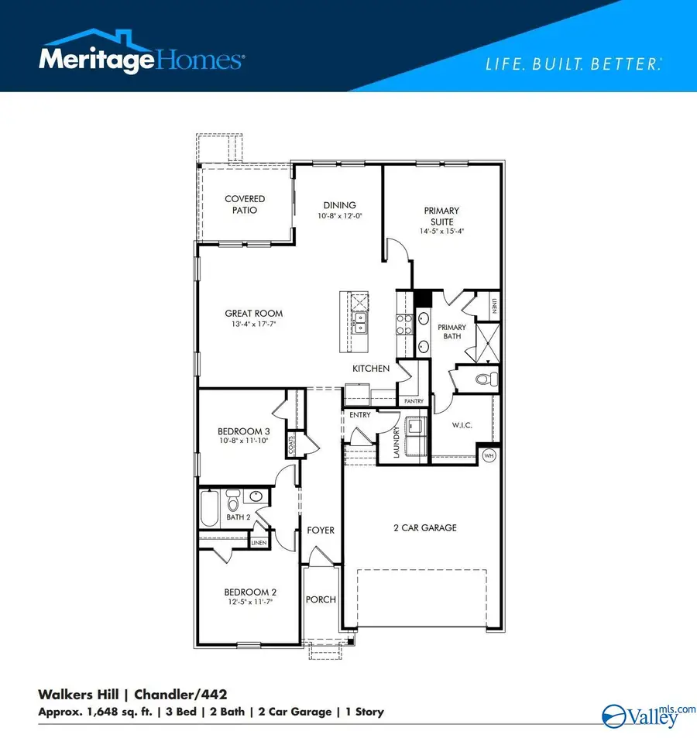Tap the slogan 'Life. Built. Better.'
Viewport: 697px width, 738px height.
573,65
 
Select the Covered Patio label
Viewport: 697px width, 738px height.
245,204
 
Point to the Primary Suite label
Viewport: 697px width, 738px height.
441,215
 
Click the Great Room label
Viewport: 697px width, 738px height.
253,314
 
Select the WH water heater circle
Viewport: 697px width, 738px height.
489,456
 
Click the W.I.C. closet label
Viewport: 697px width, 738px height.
462,426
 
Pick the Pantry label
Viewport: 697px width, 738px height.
411,401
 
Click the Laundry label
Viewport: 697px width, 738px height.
395,443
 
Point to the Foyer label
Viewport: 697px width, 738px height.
321,530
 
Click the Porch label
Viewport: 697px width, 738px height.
320,599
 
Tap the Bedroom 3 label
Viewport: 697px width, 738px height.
243,432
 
